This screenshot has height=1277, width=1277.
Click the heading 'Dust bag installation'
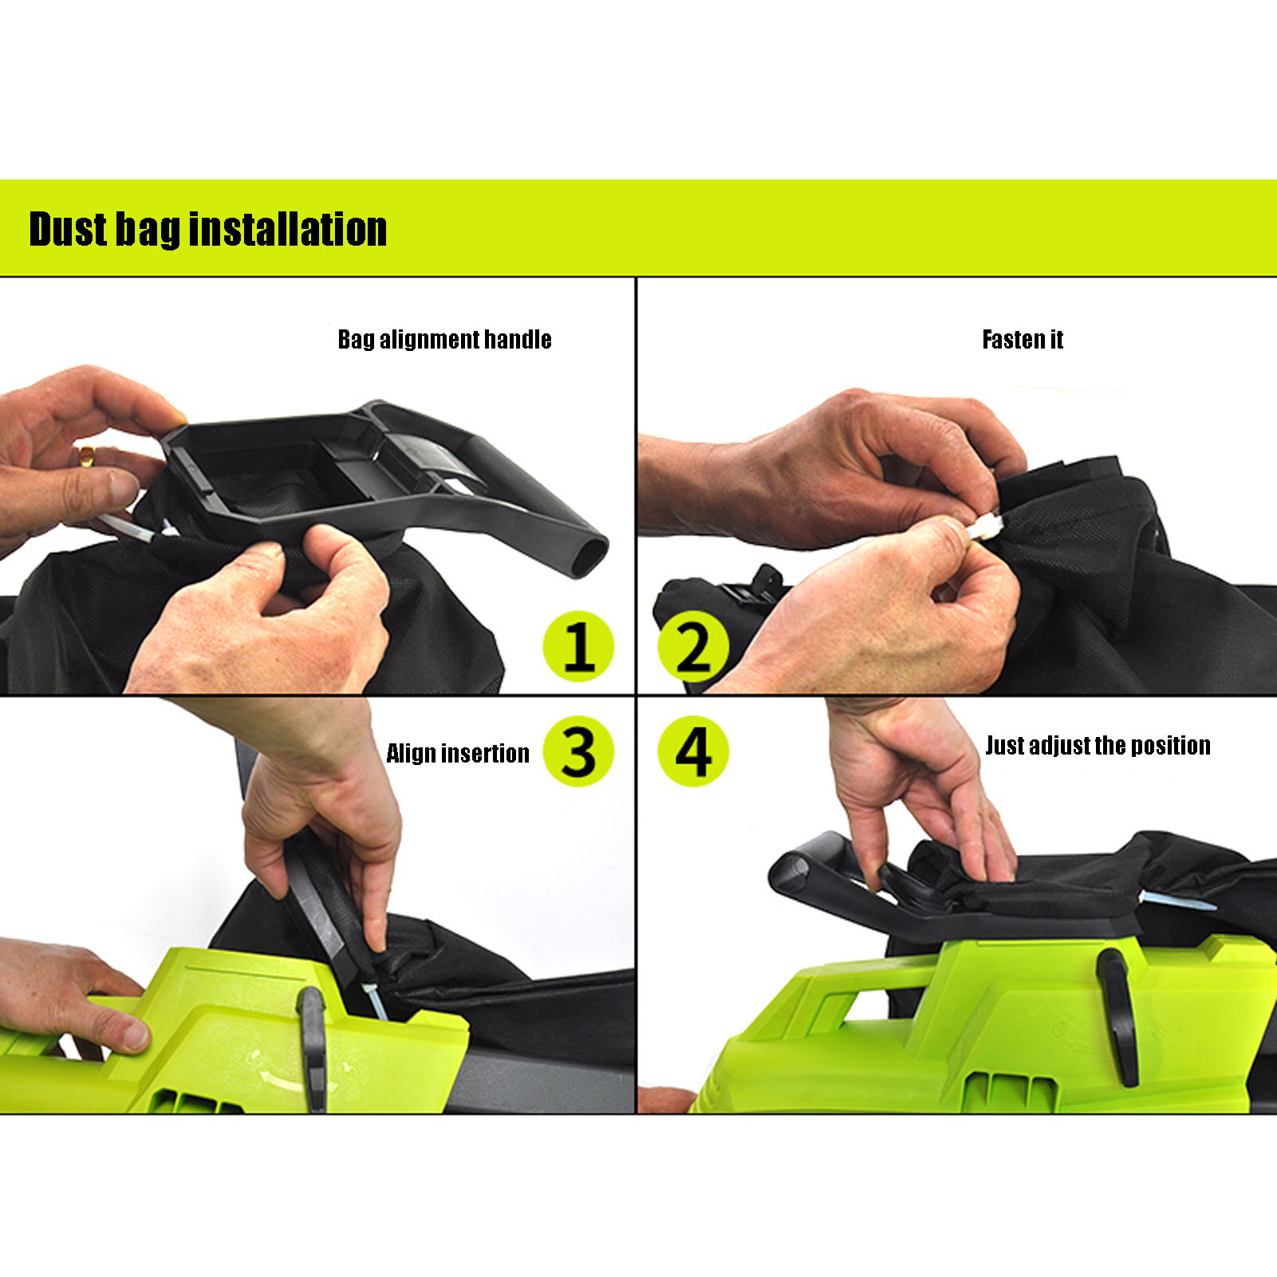(207, 230)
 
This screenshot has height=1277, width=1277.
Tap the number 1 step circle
(578, 646)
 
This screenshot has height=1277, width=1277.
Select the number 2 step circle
(693, 646)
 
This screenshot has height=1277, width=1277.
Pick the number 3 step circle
(578, 751)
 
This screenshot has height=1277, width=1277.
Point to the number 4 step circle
(693, 751)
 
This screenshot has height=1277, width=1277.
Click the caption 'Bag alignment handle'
(444, 340)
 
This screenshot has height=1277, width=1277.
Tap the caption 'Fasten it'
(1023, 340)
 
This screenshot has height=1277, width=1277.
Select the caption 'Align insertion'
(457, 754)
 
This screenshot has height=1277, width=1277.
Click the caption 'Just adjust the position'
(1098, 746)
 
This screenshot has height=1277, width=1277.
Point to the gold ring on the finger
(85, 455)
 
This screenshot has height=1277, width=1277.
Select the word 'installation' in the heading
(288, 230)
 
